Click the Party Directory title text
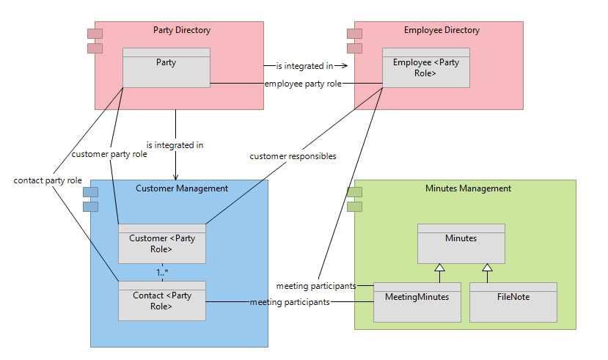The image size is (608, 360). pos(181,30)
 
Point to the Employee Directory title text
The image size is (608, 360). pos(442,30)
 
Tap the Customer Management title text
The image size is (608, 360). pos(182,188)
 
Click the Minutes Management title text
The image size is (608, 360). pos(468,188)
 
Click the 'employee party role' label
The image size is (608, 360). pos(303,84)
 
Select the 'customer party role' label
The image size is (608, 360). pos(109,154)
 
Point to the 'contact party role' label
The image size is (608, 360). pos(48,180)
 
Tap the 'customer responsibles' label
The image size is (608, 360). pos(293,156)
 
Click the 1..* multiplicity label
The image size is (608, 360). pos(163,272)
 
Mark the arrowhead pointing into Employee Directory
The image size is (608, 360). pos(344,66)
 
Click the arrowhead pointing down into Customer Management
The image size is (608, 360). pos(175,176)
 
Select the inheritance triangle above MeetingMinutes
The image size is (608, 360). pos(439,268)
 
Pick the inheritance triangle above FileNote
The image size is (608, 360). pos(487,268)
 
